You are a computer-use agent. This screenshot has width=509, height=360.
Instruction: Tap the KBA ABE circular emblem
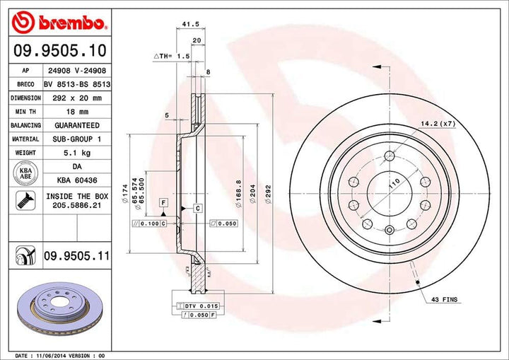(25, 173)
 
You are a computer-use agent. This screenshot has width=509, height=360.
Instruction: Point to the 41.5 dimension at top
(189, 24)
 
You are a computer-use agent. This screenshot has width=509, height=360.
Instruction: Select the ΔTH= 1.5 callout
(172, 55)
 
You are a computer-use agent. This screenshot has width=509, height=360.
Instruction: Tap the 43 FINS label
(444, 301)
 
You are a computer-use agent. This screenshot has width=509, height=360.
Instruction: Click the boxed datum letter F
(163, 203)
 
